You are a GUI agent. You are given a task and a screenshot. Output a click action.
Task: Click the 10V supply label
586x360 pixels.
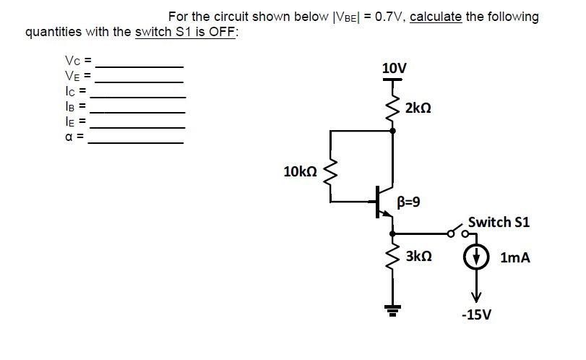394,69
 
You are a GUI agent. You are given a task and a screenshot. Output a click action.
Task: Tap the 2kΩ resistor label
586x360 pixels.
418,108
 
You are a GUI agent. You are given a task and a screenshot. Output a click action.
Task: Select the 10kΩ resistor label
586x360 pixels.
301,171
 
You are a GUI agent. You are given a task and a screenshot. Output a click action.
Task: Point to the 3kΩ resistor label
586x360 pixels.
418,256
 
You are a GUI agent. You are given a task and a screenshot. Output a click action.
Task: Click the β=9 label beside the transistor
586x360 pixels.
409,201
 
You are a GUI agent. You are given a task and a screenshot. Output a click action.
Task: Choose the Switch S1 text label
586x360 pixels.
499,222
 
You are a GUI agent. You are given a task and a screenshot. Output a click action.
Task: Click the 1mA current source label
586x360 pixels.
514,257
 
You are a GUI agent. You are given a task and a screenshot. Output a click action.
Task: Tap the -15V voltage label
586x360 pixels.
476,315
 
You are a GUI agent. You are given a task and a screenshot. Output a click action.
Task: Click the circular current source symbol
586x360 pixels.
476,257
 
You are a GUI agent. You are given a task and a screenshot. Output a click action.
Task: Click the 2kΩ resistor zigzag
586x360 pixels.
393,108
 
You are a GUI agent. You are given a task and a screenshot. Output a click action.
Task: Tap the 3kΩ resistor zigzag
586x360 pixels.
393,257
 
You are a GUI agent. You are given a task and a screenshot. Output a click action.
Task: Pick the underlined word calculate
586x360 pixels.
436,17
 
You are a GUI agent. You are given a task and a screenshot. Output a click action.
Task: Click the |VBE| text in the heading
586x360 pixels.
345,17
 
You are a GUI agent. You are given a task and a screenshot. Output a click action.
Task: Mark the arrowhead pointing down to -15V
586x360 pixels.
476,296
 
